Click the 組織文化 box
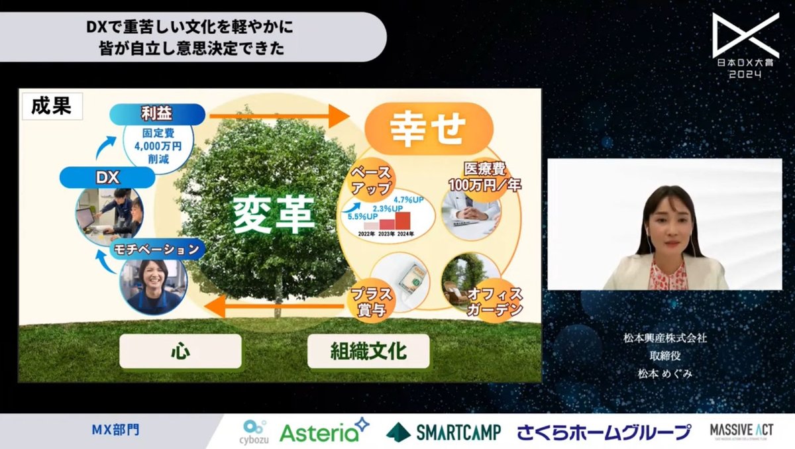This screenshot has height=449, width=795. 368,350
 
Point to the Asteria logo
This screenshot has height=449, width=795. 323,431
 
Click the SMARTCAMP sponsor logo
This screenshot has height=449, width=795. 444,432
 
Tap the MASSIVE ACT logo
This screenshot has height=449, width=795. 738,431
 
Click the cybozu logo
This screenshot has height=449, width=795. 255,431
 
